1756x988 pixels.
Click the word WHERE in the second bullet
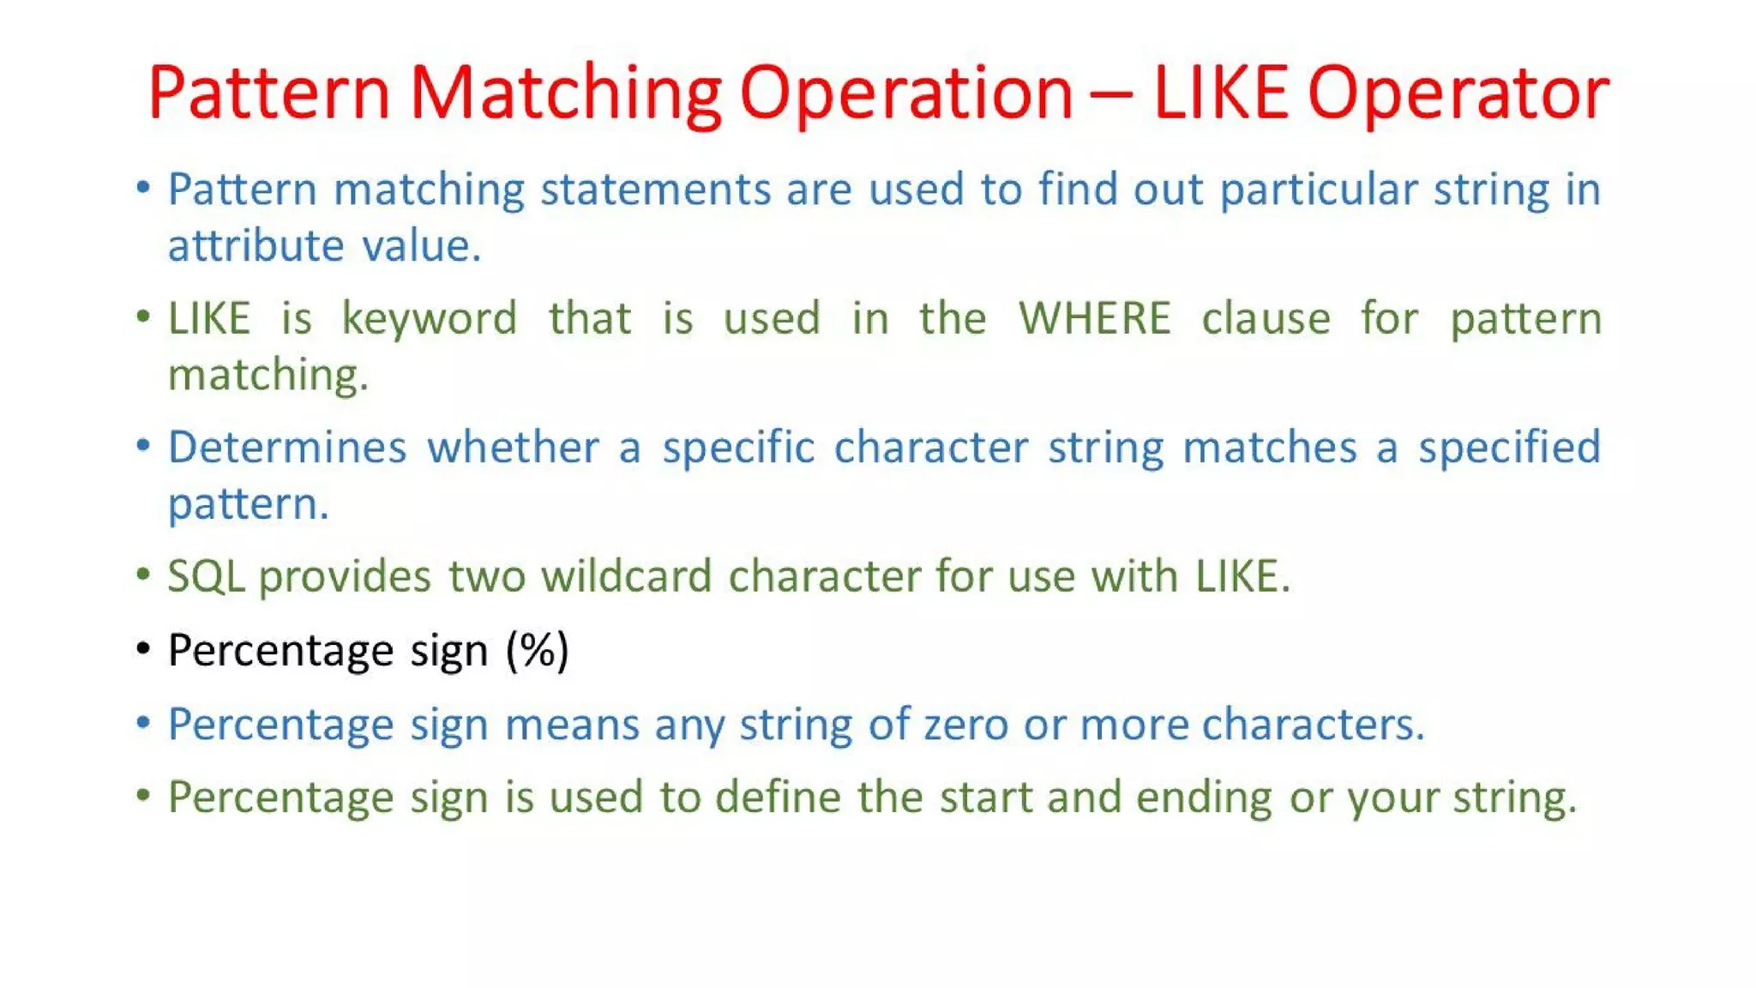[x=1094, y=318]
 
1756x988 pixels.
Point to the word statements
[x=655, y=189]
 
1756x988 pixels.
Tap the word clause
[x=1266, y=318]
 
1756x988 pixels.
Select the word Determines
[x=287, y=447]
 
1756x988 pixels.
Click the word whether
[x=514, y=447]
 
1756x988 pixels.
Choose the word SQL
[x=206, y=576]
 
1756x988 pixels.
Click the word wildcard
[x=626, y=575]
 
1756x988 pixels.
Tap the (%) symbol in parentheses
[x=538, y=650]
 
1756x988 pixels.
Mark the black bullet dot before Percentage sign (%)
[x=143, y=648]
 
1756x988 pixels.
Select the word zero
[x=965, y=724]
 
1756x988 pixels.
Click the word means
[x=572, y=724]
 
